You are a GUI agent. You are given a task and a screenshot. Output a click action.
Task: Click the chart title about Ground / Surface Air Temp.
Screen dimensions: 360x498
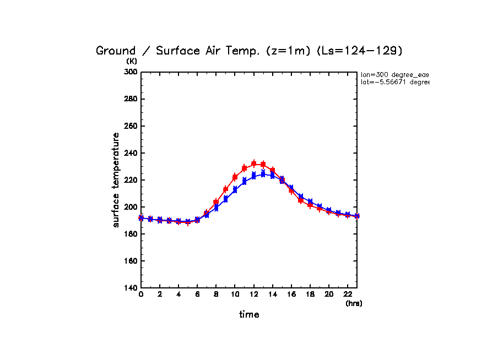click(x=250, y=51)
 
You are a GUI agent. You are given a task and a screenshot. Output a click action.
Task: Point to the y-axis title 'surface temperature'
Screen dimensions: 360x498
click(x=116, y=180)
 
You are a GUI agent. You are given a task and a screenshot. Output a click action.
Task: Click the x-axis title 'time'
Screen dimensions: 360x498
click(x=249, y=315)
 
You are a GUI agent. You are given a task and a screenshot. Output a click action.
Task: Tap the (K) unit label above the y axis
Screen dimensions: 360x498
click(x=132, y=61)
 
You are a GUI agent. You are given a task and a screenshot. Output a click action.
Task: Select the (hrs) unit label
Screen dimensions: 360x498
click(x=354, y=303)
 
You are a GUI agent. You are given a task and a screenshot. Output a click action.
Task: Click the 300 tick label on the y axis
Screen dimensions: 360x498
click(x=131, y=72)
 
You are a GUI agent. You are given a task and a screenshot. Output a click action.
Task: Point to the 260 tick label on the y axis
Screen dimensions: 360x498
click(x=131, y=126)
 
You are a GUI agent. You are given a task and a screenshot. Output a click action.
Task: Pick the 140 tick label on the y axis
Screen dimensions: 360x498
click(x=131, y=288)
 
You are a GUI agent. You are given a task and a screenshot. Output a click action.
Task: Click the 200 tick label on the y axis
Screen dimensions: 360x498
click(x=131, y=207)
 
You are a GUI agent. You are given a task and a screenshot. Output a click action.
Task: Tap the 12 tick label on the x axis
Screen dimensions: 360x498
click(x=253, y=295)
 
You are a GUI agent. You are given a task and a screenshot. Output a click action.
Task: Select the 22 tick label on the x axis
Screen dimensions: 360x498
click(x=347, y=295)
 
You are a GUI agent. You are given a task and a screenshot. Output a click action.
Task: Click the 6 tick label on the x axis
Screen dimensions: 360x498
click(x=197, y=295)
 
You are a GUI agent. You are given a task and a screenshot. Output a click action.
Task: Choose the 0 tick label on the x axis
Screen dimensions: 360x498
click(x=141, y=295)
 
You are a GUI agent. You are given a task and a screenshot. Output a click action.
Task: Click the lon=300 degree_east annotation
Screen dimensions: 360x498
click(x=394, y=74)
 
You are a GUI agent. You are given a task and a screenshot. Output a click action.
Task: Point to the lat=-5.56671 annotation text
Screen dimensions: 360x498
click(x=394, y=82)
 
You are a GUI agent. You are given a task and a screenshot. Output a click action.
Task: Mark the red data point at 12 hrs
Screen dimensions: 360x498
click(x=253, y=163)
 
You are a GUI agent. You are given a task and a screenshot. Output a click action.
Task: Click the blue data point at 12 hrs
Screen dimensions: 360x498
click(x=253, y=176)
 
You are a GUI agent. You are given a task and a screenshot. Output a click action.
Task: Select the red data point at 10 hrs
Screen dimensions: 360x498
click(x=235, y=177)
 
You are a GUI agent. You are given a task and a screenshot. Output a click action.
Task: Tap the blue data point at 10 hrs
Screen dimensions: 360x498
click(x=235, y=189)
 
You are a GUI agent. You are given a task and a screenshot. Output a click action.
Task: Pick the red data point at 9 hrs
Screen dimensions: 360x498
click(x=225, y=189)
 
